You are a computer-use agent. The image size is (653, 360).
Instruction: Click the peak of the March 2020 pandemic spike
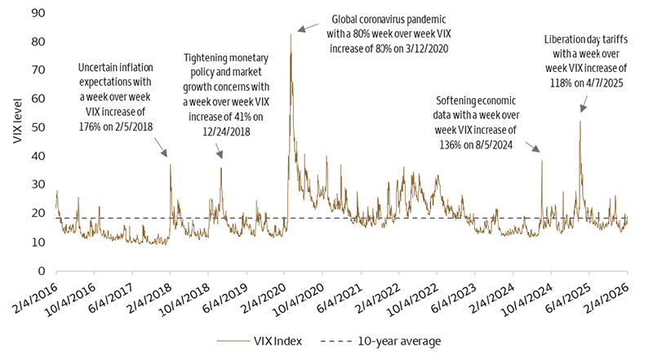(x=291, y=34)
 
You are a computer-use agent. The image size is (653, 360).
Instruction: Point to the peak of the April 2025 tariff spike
(x=580, y=121)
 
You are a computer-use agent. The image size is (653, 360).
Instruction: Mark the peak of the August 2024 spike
(x=542, y=160)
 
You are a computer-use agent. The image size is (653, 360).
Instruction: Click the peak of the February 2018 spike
(x=170, y=164)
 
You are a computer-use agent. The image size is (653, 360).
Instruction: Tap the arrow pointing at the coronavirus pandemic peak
(x=306, y=29)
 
